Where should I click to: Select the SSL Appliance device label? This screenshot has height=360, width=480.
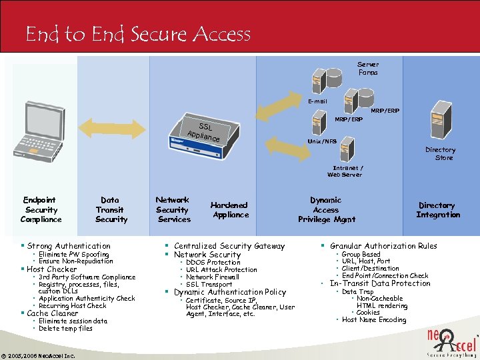[x=204, y=131]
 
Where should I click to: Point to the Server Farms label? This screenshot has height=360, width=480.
[x=368, y=69]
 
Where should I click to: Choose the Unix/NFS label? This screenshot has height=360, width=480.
[x=321, y=141]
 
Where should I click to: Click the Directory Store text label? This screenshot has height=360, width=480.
[x=440, y=154]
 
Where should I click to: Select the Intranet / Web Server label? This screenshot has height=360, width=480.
[x=345, y=171]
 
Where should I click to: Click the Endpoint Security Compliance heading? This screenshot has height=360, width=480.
[x=41, y=209]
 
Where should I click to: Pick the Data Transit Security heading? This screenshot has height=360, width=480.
[x=111, y=209]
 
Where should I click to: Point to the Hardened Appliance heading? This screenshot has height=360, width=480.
[x=229, y=210]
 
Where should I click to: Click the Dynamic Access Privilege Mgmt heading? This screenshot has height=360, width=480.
[x=326, y=209]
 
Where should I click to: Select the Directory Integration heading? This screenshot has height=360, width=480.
[x=437, y=210]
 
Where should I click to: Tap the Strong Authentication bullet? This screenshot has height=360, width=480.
[x=69, y=246]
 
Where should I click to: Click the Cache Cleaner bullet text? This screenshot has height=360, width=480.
[x=53, y=313]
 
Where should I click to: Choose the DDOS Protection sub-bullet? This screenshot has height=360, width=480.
[x=213, y=263]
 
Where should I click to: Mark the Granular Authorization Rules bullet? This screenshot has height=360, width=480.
[x=383, y=246]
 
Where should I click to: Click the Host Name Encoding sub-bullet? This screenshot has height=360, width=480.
[x=373, y=320]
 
